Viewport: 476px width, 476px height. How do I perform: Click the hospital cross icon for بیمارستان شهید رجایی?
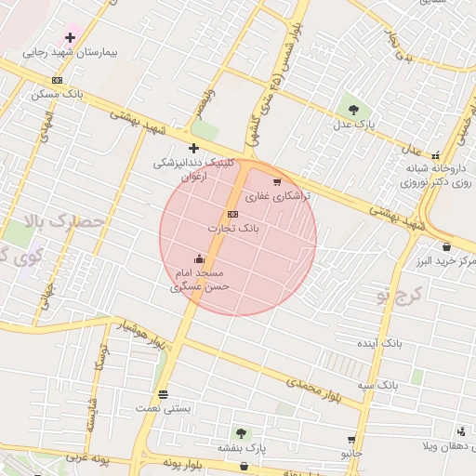(71, 37)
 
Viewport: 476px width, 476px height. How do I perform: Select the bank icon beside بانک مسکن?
(58, 80)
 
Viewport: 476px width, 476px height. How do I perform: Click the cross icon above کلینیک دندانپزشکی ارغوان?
(193, 148)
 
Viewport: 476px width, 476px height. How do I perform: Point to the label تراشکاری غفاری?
(271, 197)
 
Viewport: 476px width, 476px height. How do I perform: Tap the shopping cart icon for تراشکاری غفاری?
(277, 182)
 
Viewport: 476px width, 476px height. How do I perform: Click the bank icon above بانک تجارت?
(232, 214)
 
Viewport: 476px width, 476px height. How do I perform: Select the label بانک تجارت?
(235, 228)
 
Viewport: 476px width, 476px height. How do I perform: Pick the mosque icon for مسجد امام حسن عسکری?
(199, 259)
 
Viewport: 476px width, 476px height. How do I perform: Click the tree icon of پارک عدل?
(352, 108)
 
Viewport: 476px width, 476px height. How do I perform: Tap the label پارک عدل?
(354, 124)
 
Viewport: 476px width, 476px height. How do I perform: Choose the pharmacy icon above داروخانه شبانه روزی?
(435, 155)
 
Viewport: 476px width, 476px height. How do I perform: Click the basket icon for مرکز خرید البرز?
(447, 247)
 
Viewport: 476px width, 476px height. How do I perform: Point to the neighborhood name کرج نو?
(400, 295)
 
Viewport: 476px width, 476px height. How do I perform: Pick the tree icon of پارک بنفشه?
(242, 433)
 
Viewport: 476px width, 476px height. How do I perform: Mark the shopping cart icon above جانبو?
(350, 440)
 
